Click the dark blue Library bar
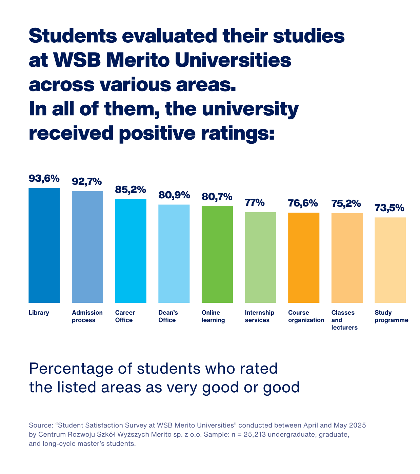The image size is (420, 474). [x=44, y=245]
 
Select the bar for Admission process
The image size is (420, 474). [x=87, y=247]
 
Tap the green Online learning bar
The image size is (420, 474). [x=217, y=254]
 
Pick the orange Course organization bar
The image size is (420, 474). [x=303, y=258]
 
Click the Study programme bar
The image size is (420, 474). [x=390, y=260]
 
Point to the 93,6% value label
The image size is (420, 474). [x=44, y=178]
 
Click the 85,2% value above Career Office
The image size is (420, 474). [x=131, y=190]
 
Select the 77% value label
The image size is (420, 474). [x=255, y=203]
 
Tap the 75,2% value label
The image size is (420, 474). [x=346, y=203]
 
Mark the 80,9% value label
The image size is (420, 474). [x=174, y=195]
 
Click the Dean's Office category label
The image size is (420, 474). [x=168, y=316]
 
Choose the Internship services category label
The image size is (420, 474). [x=259, y=316]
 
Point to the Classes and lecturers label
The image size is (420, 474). [x=344, y=320]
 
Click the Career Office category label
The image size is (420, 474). [x=125, y=316]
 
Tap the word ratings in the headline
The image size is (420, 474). [x=237, y=133]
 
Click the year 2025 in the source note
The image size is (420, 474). [x=357, y=425]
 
